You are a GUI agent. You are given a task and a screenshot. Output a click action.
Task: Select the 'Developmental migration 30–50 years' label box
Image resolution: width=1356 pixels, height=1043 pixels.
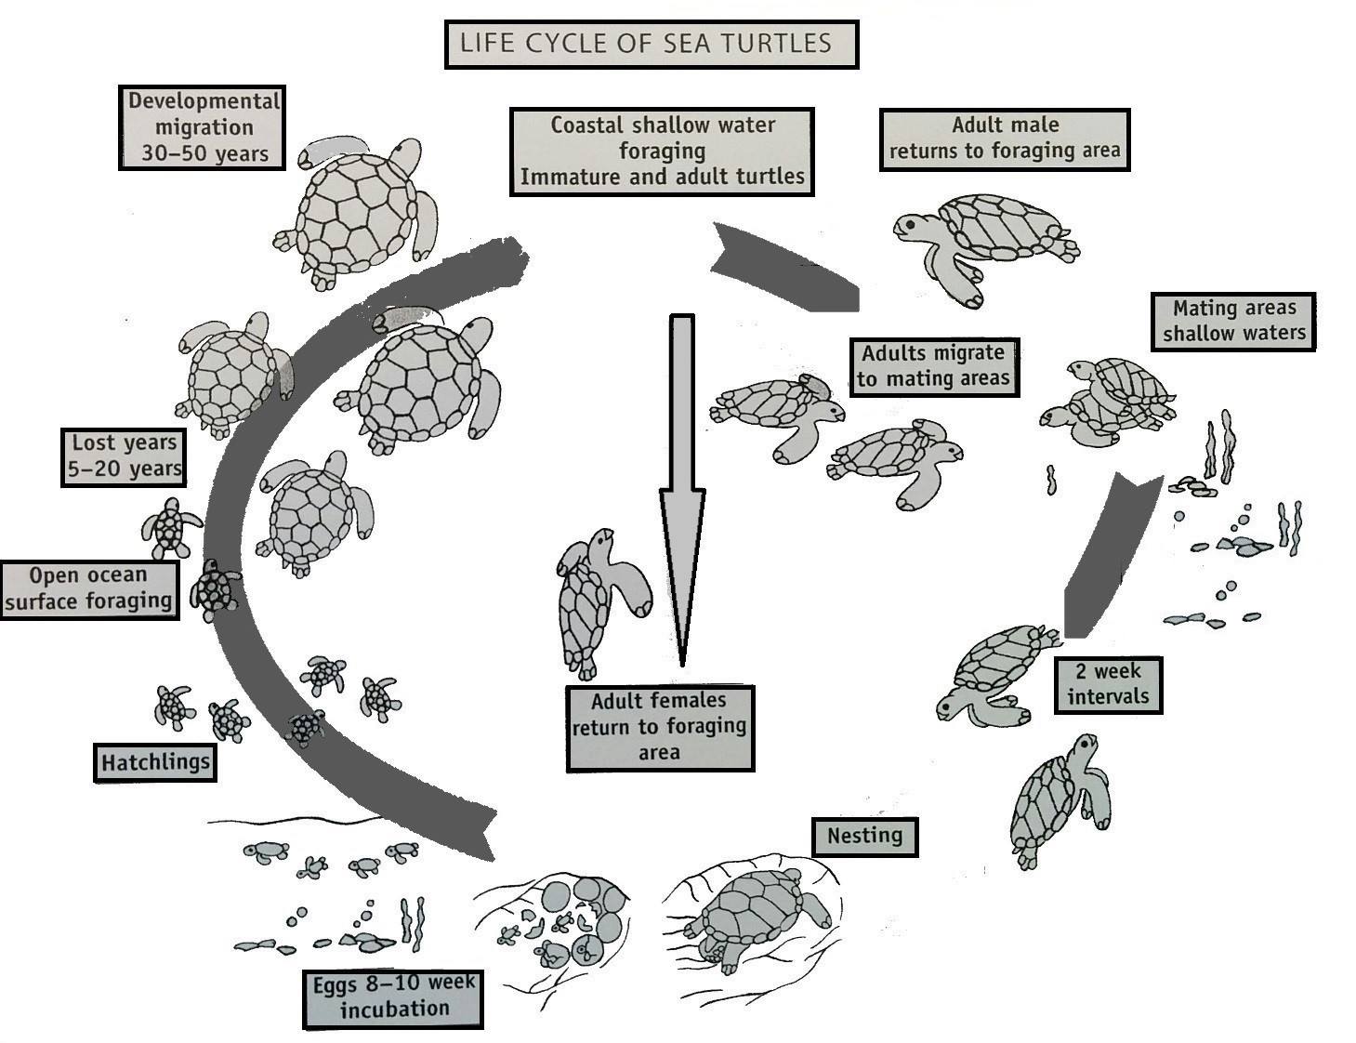203,128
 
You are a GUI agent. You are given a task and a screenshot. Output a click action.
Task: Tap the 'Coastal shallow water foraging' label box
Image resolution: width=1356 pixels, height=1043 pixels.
662,152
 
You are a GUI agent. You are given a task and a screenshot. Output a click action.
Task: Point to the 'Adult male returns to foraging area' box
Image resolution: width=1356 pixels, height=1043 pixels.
1005,139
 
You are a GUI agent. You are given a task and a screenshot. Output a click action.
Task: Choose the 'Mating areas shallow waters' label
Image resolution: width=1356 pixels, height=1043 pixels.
1233,321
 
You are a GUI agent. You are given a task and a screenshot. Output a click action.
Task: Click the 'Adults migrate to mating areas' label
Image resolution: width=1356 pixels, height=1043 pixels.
934,367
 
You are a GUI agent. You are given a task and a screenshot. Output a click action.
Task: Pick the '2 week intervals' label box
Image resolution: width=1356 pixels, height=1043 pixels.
1108,685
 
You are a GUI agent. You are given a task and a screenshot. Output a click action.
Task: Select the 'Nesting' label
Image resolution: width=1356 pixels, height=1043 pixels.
865,836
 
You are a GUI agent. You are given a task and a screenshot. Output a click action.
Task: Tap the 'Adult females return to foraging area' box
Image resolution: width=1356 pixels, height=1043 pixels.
660,728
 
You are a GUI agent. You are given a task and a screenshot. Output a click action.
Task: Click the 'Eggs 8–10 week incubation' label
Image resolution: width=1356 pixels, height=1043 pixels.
393,998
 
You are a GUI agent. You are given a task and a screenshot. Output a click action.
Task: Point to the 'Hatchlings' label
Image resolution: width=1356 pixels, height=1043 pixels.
155,762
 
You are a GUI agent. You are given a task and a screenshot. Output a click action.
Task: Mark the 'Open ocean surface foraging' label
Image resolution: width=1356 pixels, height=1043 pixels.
89,589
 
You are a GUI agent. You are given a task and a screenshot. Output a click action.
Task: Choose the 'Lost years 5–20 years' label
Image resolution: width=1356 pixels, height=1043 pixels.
124,457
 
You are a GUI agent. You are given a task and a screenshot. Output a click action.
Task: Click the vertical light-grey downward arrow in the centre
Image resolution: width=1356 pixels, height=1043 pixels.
682,490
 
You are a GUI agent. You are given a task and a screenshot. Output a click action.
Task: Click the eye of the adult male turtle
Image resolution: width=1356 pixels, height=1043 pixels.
911,223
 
